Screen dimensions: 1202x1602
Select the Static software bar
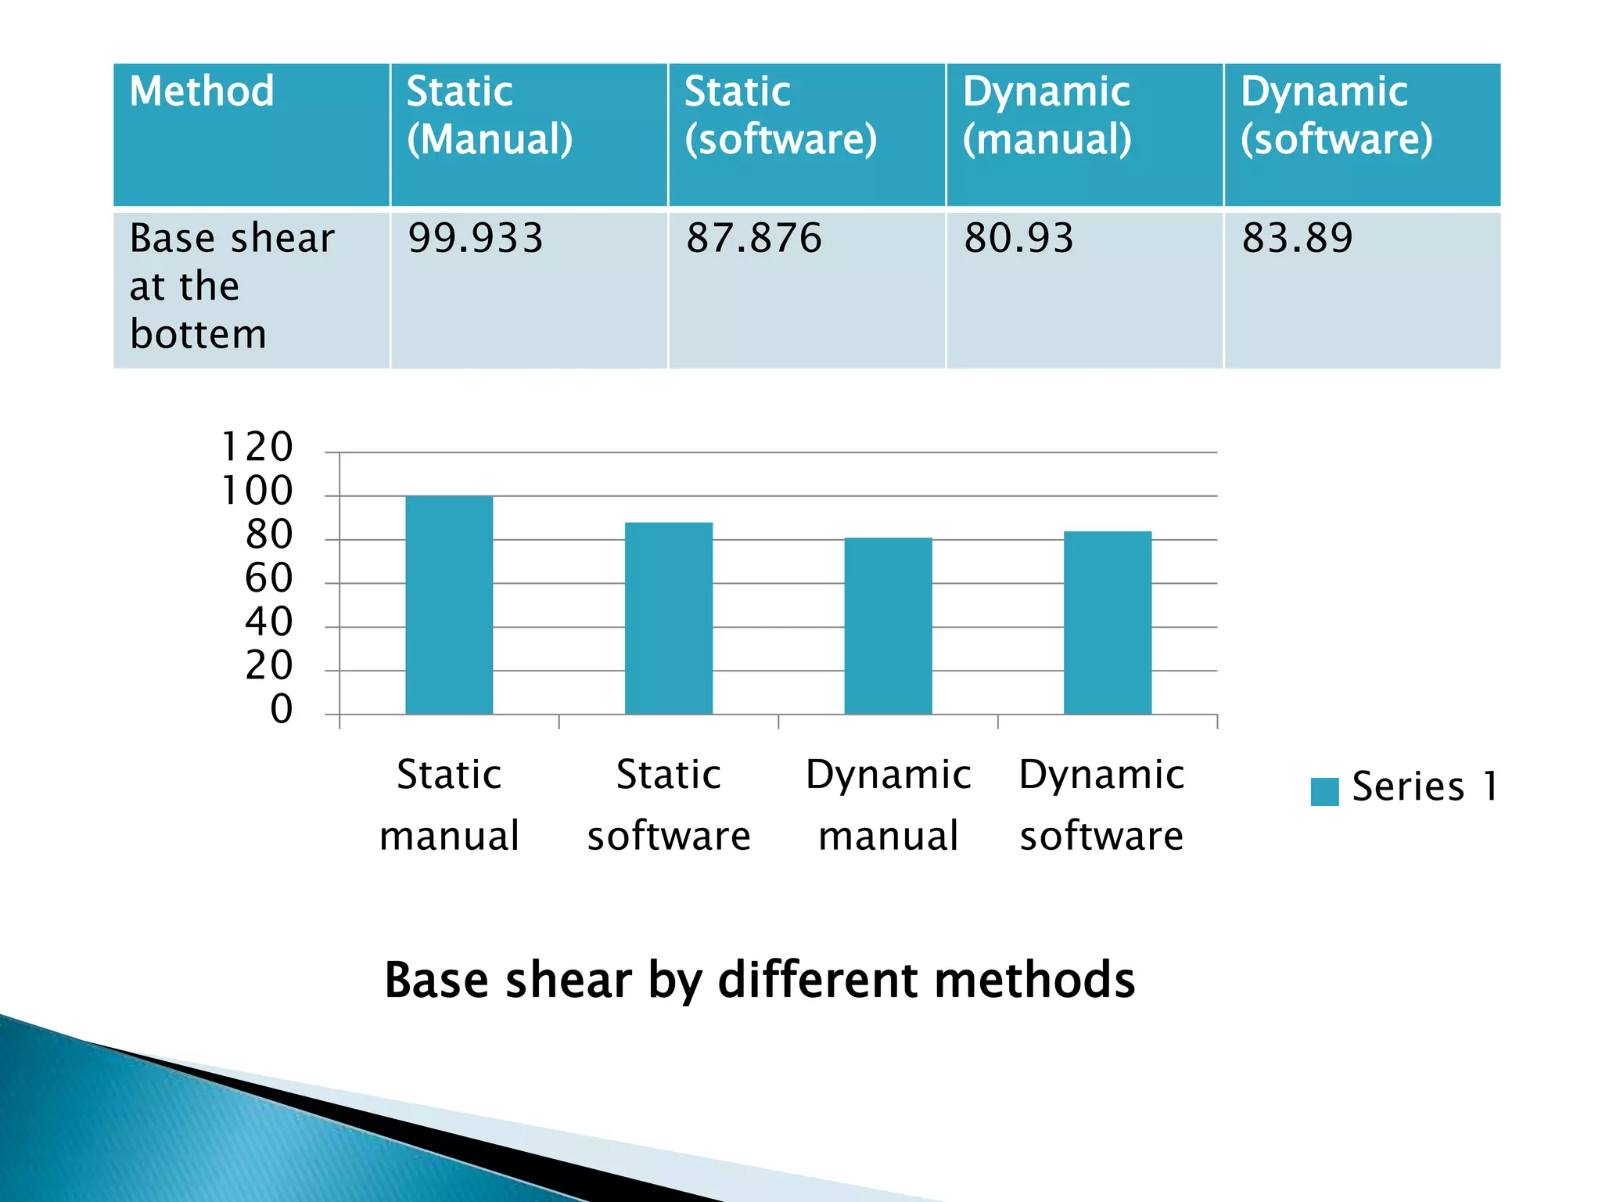[669, 618]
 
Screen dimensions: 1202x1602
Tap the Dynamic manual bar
[888, 626]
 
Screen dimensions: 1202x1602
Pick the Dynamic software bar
[1108, 623]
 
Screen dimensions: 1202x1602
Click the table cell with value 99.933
[476, 238]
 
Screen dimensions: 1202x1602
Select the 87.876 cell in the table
[754, 238]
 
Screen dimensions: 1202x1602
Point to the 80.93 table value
[1018, 238]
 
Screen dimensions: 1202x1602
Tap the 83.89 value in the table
[1297, 238]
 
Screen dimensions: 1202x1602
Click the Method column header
[202, 92]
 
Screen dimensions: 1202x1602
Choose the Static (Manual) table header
[490, 115]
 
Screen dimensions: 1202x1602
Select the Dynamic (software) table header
[1336, 115]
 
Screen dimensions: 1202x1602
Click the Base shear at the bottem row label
[232, 286]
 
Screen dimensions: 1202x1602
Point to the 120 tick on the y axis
[257, 448]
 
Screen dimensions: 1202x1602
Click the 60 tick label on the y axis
[268, 579]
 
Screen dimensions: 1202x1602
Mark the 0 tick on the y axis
[281, 710]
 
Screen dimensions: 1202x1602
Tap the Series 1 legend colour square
[1324, 791]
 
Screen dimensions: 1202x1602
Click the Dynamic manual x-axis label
[889, 804]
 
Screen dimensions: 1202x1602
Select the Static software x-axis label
[669, 804]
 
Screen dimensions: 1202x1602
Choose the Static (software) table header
[781, 115]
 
